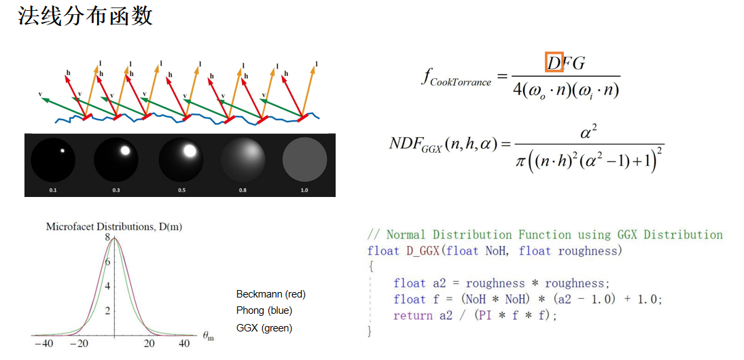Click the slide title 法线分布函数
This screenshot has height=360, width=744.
click(x=86, y=16)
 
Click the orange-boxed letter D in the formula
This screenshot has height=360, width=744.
click(x=554, y=62)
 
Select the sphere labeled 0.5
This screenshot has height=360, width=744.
click(x=182, y=160)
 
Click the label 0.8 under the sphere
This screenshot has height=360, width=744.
click(x=243, y=191)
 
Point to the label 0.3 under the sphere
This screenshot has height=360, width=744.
click(x=116, y=191)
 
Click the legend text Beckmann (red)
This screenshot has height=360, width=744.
click(x=270, y=294)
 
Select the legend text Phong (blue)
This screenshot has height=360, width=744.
click(x=264, y=310)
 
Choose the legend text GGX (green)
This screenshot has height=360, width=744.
click(x=264, y=327)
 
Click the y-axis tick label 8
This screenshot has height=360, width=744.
click(x=107, y=238)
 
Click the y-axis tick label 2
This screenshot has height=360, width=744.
click(x=107, y=310)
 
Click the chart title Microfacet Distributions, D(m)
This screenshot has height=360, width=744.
click(x=113, y=226)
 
